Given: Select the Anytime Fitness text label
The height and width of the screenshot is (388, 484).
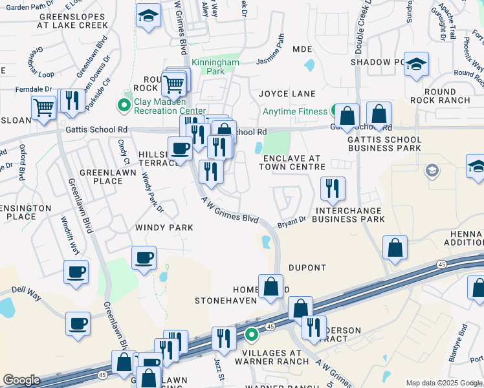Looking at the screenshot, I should point(295,111).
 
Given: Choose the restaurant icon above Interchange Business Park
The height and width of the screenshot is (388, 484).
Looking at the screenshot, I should point(333,188).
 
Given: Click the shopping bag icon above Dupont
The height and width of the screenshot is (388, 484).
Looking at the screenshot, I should point(395,248).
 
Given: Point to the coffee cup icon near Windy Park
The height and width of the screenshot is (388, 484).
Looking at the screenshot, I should point(144,257).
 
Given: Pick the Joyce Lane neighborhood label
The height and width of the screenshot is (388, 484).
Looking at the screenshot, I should point(287,94).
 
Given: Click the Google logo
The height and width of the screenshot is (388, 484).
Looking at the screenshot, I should point(21,380).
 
